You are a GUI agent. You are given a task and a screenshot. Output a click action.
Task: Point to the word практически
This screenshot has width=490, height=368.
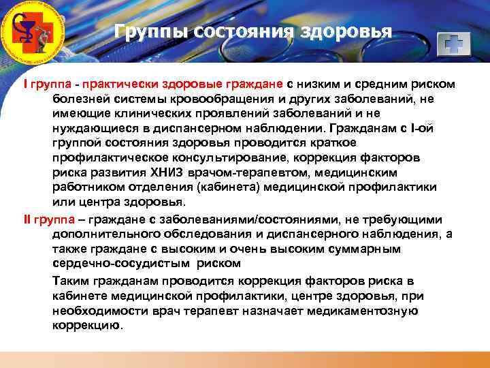tap(116, 84)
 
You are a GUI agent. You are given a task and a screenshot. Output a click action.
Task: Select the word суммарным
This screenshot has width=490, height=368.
tap(363, 249)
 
